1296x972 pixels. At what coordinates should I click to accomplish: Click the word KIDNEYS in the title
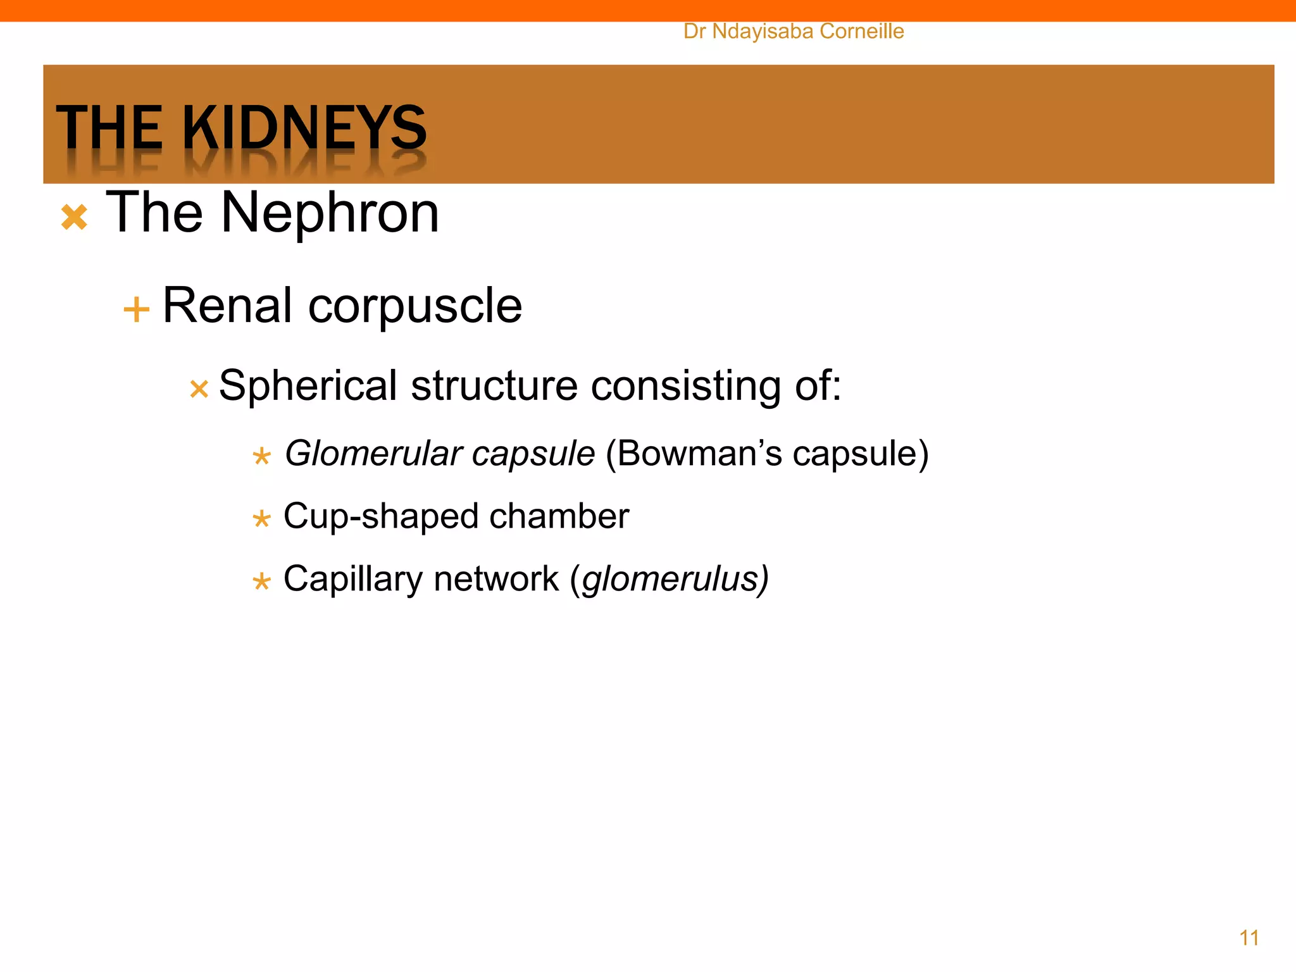[x=304, y=128]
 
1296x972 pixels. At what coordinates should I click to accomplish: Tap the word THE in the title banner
[x=109, y=128]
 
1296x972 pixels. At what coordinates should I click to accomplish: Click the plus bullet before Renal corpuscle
[x=136, y=311]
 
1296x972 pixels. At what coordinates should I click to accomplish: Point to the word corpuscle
[x=414, y=307]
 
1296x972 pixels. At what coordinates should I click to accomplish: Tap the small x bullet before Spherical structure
[x=199, y=389]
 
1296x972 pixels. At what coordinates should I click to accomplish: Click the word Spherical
[x=308, y=387]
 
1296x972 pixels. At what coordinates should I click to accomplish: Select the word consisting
[x=686, y=387]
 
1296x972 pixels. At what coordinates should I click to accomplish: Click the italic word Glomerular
[x=373, y=454]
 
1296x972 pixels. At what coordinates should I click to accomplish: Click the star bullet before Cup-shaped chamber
[x=261, y=520]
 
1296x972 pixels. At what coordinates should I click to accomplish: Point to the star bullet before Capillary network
[x=261, y=582]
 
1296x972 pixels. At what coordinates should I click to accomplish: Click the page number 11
[x=1249, y=937]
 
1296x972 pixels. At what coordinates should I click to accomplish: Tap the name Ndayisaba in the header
[x=762, y=31]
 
